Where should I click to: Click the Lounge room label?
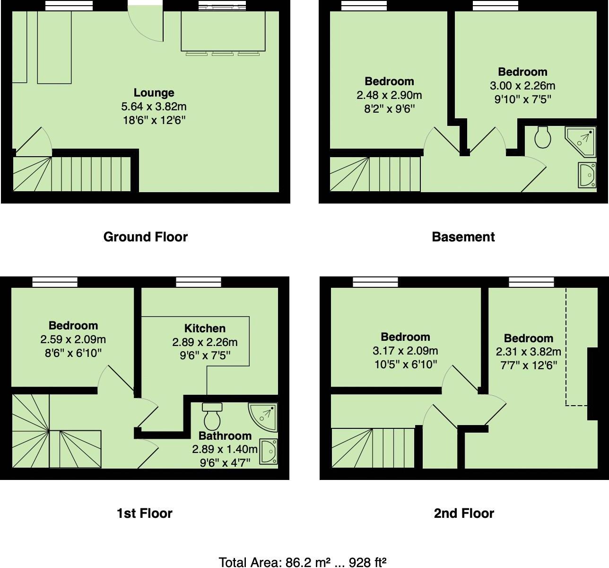[x=154, y=93]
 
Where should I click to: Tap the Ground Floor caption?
[x=145, y=237]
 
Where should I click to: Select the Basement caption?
[x=463, y=237]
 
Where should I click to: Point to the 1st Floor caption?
[x=144, y=513]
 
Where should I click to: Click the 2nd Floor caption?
[x=463, y=513]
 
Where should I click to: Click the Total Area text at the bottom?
[x=303, y=562]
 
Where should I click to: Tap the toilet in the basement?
[x=543, y=137]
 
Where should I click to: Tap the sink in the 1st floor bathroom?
[x=269, y=452]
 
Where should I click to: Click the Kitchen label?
[x=205, y=328]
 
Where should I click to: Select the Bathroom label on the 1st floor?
[x=225, y=435]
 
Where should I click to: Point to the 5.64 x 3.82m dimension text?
[x=154, y=106]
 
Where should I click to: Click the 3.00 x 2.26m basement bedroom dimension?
[x=522, y=86]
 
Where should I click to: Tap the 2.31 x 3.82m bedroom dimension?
[x=528, y=352]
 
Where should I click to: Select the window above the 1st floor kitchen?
[x=199, y=283]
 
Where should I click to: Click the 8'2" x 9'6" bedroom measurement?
[x=389, y=109]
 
